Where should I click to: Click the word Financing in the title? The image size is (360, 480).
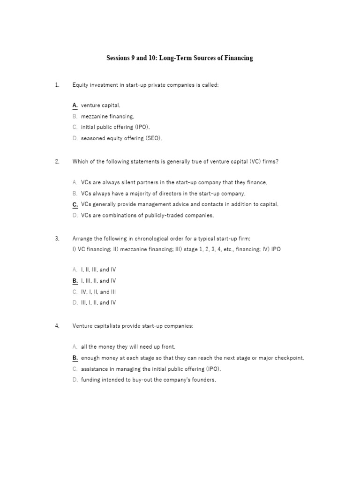237,58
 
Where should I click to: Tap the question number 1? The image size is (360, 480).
57,85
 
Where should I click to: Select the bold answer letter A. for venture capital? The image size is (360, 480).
75,105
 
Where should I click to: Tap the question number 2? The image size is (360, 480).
57,162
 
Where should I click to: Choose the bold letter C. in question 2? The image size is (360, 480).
75,204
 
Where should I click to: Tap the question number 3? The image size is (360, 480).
57,239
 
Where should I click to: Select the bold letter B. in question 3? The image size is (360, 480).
75,281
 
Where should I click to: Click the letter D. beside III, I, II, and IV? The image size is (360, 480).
75,303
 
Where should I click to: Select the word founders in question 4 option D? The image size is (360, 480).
203,380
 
